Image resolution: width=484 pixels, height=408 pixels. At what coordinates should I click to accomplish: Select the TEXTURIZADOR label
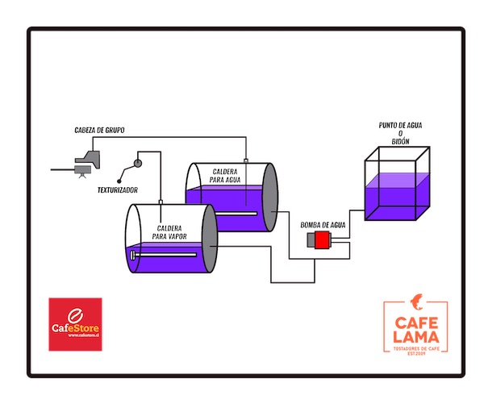click(x=117, y=190)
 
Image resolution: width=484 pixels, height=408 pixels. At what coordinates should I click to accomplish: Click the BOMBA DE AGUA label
click(x=323, y=224)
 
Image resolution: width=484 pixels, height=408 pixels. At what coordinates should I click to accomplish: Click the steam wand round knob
click(x=137, y=164)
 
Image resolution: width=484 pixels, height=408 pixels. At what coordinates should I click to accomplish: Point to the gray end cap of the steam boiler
click(x=209, y=239)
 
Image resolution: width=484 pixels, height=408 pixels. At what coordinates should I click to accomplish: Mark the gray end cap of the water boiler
click(x=271, y=198)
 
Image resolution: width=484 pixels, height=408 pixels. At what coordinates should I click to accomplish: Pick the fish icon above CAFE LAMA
click(x=416, y=304)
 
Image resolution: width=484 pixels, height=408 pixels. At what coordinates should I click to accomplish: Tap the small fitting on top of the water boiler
click(x=245, y=161)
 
